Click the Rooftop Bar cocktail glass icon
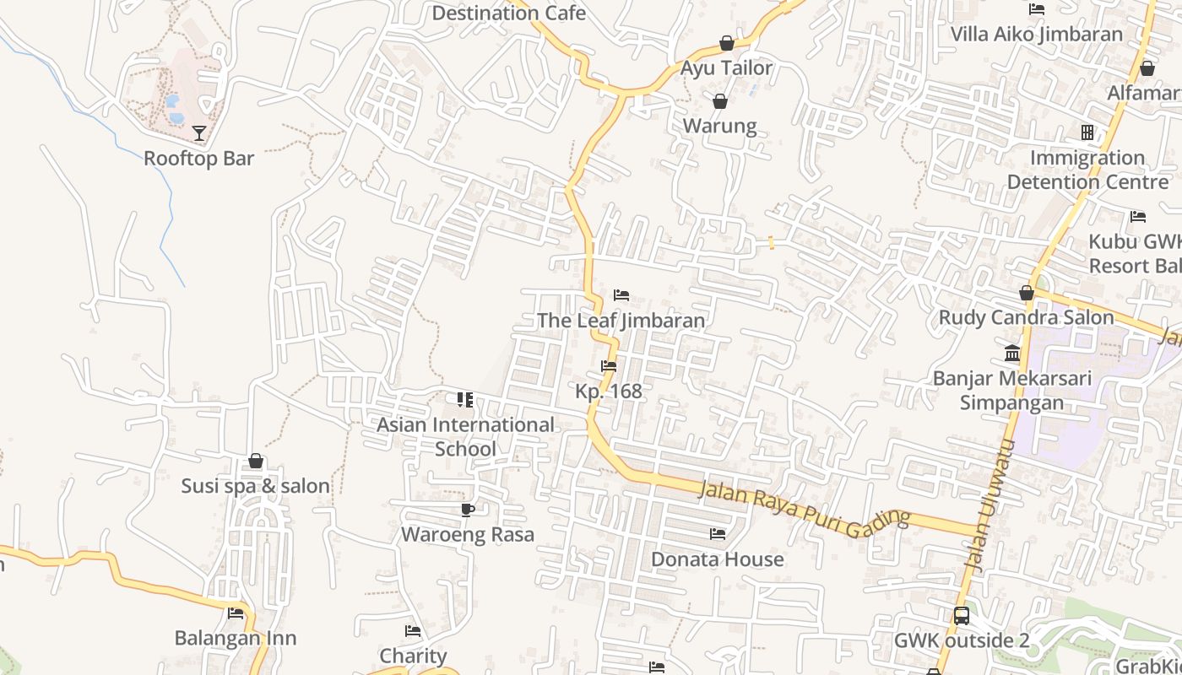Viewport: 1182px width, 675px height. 198,133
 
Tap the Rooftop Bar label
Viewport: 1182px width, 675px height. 198,159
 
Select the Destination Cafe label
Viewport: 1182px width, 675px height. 508,13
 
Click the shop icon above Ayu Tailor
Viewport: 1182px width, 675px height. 727,43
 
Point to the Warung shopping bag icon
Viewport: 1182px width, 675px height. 720,102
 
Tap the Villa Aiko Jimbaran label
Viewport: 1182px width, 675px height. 1037,35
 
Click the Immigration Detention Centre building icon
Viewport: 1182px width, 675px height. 1087,132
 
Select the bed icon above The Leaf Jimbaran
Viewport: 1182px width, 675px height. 621,295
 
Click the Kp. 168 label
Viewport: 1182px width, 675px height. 609,391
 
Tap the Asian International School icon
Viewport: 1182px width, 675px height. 465,400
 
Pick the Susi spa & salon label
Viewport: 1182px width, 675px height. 256,486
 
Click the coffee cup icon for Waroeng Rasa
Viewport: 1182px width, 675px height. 468,510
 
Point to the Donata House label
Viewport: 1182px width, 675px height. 717,559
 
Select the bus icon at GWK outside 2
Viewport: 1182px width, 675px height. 962,616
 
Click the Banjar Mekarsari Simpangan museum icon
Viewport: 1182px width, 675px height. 1012,353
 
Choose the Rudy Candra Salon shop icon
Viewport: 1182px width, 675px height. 1027,294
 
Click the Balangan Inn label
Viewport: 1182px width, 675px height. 236,638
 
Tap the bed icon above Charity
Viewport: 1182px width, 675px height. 413,631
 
